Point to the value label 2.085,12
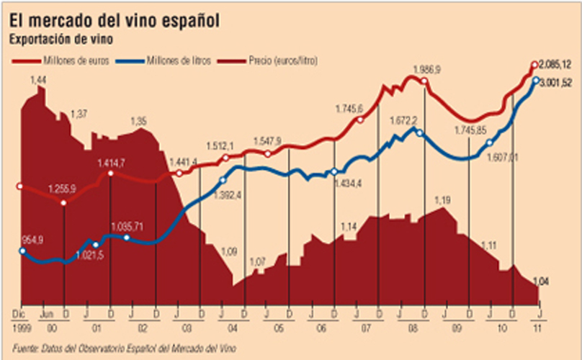(x=556, y=64)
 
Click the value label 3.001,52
(x=556, y=81)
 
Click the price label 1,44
(x=38, y=78)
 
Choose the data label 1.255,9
(x=63, y=190)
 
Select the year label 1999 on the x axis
(x=21, y=328)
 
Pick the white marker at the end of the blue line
(x=537, y=81)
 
